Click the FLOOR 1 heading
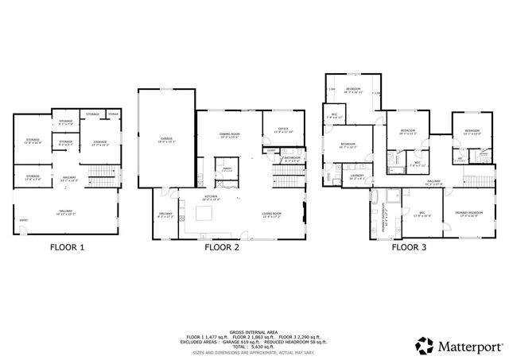68,247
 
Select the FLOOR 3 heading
409,247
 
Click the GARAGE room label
166,140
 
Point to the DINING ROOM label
231,136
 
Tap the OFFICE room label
283,130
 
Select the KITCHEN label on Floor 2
212,198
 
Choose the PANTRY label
227,168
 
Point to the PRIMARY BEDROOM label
468,214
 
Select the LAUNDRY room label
356,178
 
